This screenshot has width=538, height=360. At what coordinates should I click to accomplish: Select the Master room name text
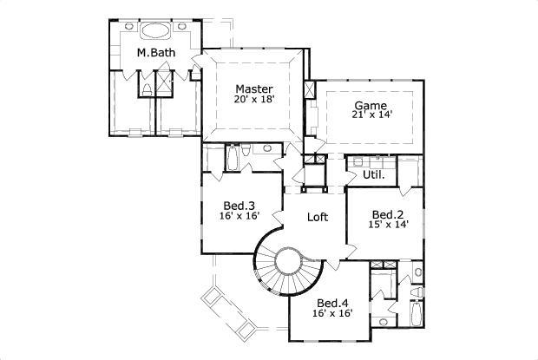pos(254,88)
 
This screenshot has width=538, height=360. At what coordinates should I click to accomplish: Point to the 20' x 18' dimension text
pos(254,100)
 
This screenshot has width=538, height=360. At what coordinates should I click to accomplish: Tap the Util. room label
pos(374,174)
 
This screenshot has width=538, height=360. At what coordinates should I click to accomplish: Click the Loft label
pos(317,218)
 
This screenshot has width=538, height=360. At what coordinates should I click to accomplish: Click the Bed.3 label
pos(238,206)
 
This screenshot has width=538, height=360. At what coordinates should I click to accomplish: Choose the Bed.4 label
pos(333,303)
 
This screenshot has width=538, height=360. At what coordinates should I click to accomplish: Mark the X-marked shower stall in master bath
pos(162,85)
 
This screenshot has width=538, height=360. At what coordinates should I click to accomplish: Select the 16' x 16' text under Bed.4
pos(333,314)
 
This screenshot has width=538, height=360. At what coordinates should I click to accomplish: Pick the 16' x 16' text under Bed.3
pos(238,217)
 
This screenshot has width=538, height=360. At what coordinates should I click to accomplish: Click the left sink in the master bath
pos(129,27)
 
